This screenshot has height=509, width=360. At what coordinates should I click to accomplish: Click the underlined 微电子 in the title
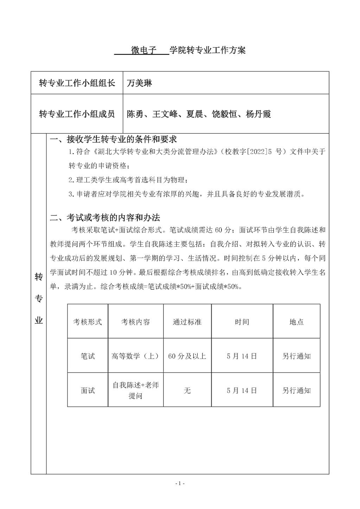pos(143,50)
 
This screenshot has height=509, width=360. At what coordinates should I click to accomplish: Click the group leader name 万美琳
pos(140,83)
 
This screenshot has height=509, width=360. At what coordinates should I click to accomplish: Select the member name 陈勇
pos(135,114)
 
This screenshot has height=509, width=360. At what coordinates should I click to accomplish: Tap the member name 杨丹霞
pos(258,114)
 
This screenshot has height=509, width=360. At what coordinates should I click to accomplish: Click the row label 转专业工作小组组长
pos(77,83)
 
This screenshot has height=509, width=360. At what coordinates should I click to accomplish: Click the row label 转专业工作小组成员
pos(77,114)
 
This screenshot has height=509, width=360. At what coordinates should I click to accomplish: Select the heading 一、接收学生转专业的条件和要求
pos(113,140)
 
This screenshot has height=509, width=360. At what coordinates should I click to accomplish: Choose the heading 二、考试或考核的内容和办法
pos(105,218)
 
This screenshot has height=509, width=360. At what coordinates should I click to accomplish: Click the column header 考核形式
pos(88,322)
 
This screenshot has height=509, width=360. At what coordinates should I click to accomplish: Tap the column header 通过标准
pos(187,322)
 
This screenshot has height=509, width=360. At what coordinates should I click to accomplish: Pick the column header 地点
pos(296,322)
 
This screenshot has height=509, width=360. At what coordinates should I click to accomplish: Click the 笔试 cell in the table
pos(88,356)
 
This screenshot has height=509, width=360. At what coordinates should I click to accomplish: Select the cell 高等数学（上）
pos(135,356)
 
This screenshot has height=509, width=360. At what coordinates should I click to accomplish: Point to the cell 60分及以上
pos(187,356)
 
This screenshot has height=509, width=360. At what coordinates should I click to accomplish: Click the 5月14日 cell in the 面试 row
pos(242,390)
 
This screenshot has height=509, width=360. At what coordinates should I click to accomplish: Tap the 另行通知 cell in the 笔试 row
pos(296,356)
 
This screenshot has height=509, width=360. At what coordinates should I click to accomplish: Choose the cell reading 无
pos(187,390)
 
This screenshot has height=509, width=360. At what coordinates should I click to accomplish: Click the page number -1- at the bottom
pos(180,483)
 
